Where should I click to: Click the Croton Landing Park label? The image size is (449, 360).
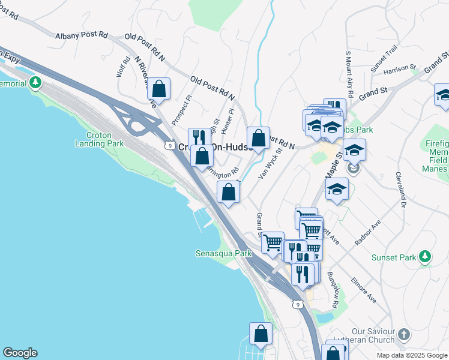click(99, 139)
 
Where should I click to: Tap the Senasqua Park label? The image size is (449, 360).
click(223, 253)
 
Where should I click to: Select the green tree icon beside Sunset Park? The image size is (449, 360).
click(425, 257)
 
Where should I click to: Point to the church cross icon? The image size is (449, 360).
click(405, 334)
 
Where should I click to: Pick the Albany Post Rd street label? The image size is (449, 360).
click(81, 36)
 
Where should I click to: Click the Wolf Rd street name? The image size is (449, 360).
click(122, 67)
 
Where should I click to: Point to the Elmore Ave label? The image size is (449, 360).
click(363, 289)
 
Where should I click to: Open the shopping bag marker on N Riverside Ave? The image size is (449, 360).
click(158, 90)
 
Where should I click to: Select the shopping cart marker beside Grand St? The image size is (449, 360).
click(273, 242)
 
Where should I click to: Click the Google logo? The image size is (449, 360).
click(20, 353)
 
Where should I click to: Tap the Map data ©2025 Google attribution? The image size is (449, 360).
click(411, 355)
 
